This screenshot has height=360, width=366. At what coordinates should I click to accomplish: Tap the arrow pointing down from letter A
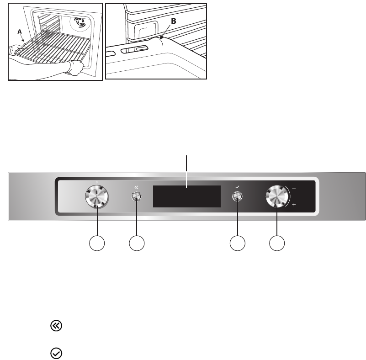(21, 38)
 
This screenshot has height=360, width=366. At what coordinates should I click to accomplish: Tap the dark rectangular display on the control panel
(187, 196)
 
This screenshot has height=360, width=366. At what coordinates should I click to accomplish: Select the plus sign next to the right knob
(293, 206)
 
